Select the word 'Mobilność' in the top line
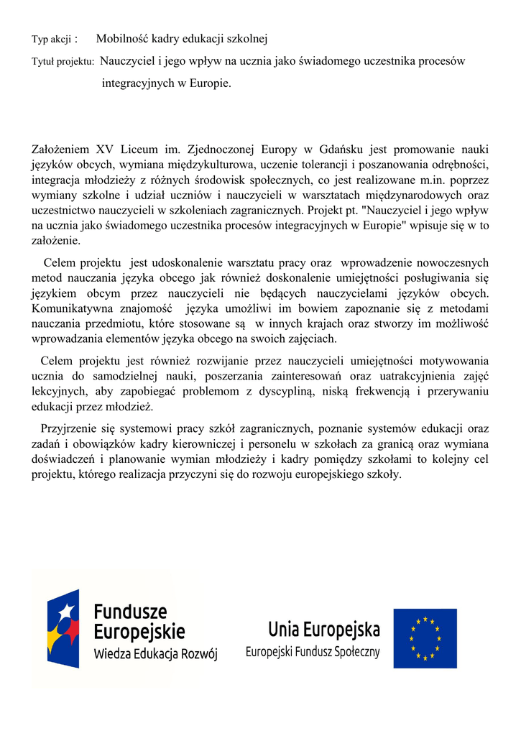120,39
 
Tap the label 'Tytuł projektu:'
63,63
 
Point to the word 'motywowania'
456,361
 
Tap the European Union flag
425,638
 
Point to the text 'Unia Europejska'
324,630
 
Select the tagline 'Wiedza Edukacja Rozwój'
155,655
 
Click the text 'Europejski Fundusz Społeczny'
313,653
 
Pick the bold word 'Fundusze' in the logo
130,612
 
